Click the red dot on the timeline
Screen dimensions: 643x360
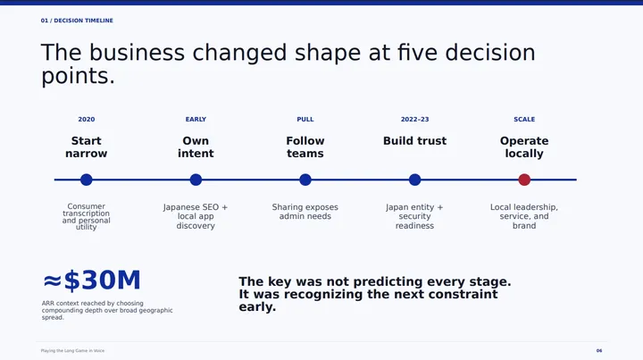coord(524,180)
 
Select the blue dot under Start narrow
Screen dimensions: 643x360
coord(86,180)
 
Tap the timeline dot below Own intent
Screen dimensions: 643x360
coord(196,180)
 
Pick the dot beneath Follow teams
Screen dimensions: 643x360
coord(305,180)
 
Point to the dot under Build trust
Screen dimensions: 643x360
coord(414,180)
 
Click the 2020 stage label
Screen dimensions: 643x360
coord(86,120)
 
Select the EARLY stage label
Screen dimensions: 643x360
coord(196,120)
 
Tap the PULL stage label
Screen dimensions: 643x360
coord(305,120)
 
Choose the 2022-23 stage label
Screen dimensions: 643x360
coord(414,120)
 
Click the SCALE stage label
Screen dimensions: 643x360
coord(524,120)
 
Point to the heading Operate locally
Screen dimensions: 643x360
coord(524,147)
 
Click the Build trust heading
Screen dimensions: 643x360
coord(414,140)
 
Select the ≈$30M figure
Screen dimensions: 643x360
coord(92,280)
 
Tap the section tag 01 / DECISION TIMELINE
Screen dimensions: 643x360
coord(77,21)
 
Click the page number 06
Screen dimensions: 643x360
coord(599,350)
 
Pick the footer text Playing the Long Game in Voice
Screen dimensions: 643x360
coord(72,350)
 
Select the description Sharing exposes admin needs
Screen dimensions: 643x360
coord(305,212)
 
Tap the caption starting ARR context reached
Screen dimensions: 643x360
coord(107,310)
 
